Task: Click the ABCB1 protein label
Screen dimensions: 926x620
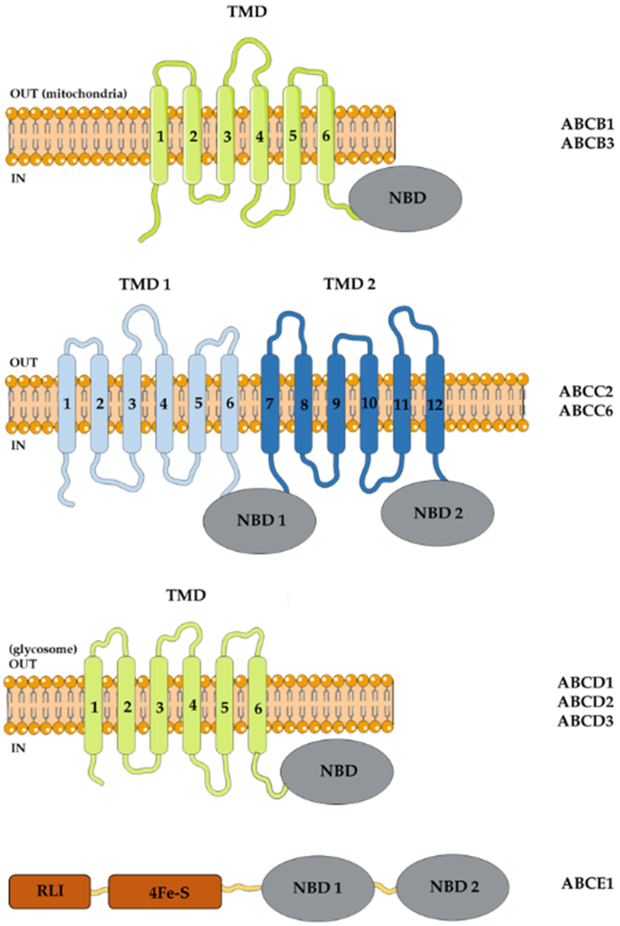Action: click(587, 125)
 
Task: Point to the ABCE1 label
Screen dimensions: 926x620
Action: click(587, 881)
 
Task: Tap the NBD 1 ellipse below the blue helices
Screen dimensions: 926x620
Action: click(259, 520)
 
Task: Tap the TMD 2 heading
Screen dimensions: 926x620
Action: click(350, 284)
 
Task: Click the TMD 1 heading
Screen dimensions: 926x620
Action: click(145, 284)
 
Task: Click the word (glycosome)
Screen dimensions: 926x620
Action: click(43, 649)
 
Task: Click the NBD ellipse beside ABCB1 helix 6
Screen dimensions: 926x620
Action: click(405, 198)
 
